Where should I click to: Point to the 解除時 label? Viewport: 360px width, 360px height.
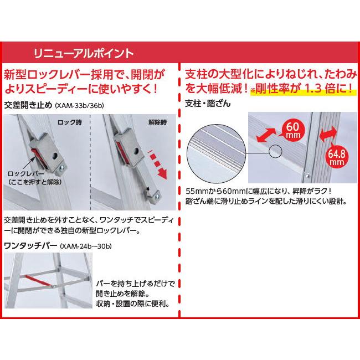pyautogui.click(x=158, y=121)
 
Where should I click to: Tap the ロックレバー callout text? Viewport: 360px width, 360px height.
pyautogui.click(x=33, y=177)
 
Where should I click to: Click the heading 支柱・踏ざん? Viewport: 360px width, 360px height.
pyautogui.click(x=207, y=104)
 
